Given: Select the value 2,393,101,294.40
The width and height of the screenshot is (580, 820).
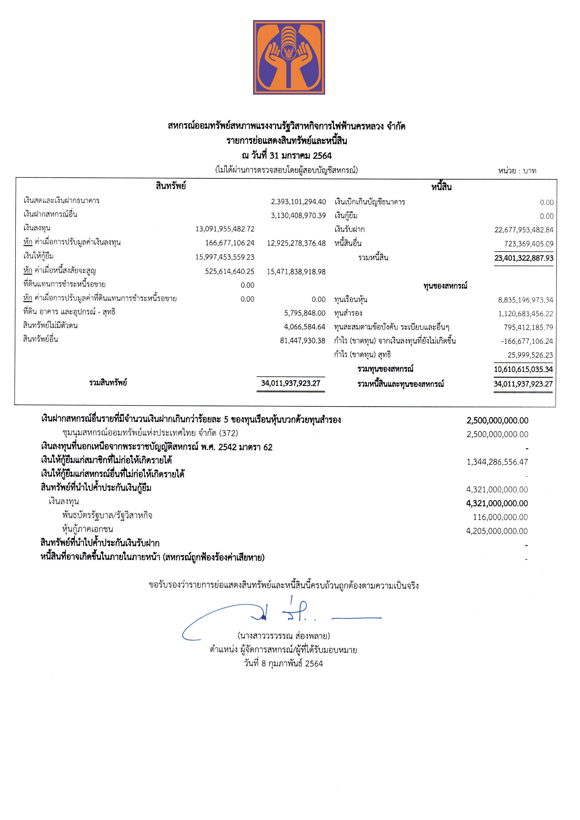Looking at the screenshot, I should [x=298, y=202].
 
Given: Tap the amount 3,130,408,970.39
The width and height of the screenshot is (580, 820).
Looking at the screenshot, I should [x=298, y=215].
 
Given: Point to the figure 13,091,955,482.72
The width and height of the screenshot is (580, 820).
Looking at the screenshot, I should [x=225, y=229].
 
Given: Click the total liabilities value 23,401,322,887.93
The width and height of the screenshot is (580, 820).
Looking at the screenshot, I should [x=524, y=258].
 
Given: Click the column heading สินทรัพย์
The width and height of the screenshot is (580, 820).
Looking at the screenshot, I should [x=171, y=186].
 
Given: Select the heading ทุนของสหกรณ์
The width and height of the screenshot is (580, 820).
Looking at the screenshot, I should [x=445, y=286].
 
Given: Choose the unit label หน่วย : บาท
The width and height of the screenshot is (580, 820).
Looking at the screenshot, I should [x=517, y=171].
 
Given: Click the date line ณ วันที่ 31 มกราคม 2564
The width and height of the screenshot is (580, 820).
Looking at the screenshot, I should [x=286, y=156].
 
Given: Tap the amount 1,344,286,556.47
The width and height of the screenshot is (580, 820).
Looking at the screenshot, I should [x=497, y=462].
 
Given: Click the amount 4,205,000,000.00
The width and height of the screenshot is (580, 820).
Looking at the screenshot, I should [x=497, y=531].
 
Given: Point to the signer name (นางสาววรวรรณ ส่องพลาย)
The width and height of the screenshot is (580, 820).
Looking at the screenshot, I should [x=284, y=636].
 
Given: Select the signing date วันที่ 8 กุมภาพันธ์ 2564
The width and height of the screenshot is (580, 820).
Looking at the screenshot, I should [x=283, y=664].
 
